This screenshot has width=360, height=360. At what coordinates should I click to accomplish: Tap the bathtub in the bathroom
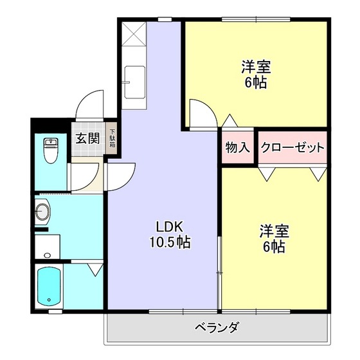pyautogui.click(x=49, y=285)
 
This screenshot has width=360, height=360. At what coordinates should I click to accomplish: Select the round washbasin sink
pyautogui.click(x=43, y=210)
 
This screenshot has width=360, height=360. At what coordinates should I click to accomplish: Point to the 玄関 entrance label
pyautogui.click(x=87, y=138)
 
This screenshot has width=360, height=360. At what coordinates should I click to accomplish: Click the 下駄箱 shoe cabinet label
pyautogui.click(x=112, y=138)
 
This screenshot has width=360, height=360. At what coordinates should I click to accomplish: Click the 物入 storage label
pyautogui.click(x=237, y=147)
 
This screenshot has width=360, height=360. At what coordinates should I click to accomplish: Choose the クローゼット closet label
pyautogui.click(x=292, y=147)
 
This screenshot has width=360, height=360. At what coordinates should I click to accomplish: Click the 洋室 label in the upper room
pyautogui.click(x=256, y=66)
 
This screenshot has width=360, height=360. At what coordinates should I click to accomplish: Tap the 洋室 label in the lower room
pyautogui.click(x=274, y=230)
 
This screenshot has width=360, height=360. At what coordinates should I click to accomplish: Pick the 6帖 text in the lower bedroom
pyautogui.click(x=274, y=246)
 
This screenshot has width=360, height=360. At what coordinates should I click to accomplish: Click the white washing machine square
pyautogui.click(x=47, y=246)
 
